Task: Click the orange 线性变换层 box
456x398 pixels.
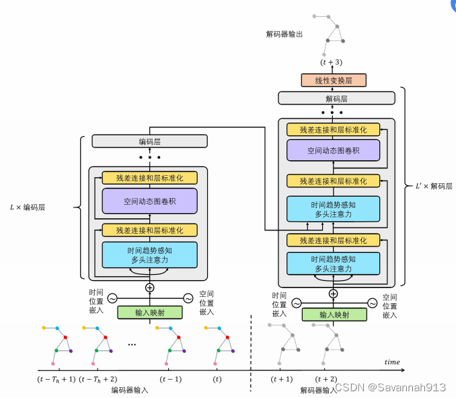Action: (333, 80)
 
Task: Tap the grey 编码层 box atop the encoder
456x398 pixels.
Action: (149, 141)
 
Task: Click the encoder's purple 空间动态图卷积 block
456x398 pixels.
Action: (149, 201)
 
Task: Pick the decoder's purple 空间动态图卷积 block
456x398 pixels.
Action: (333, 150)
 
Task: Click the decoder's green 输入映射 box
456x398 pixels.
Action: (333, 314)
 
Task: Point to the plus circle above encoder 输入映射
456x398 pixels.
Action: (149, 288)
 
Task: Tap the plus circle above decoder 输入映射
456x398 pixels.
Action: (333, 293)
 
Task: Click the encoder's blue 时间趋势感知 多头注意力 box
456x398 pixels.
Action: (149, 255)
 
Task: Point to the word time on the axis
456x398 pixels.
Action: (391, 362)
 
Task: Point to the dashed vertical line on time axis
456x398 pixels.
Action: (251, 350)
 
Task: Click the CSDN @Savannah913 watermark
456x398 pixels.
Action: (390, 387)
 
